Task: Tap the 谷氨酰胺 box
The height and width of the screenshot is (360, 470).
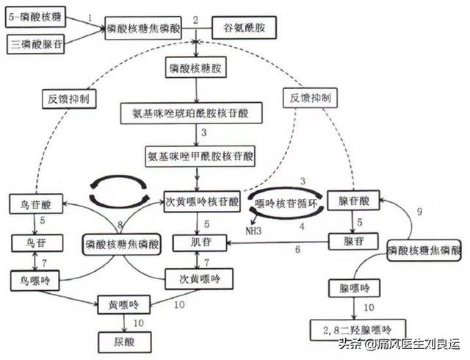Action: [x=238, y=30]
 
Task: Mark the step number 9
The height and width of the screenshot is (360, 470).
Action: [x=419, y=212]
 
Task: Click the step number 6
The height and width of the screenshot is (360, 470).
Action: [x=298, y=251]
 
